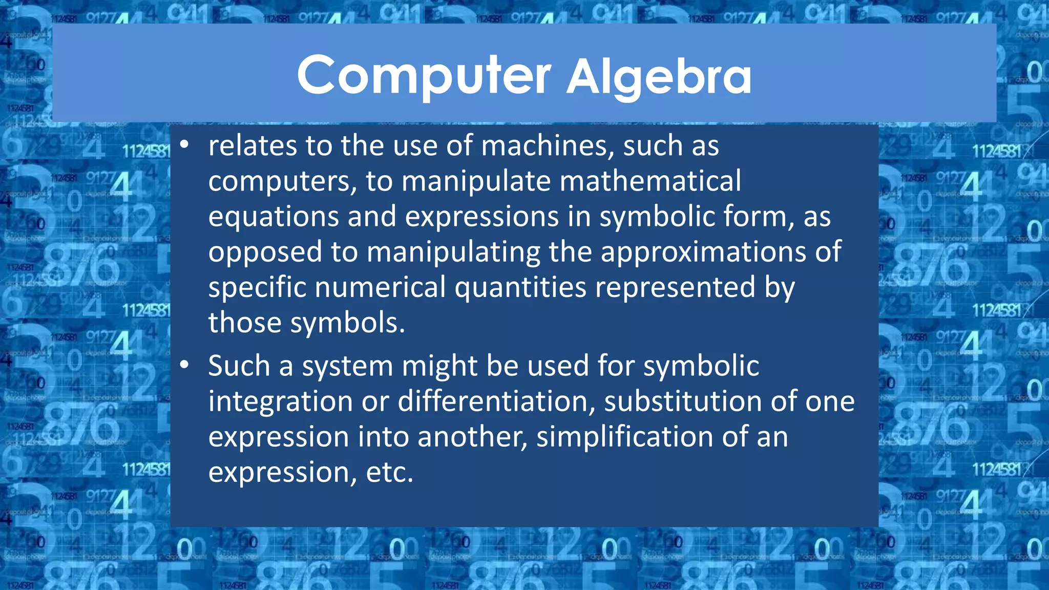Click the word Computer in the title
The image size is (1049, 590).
click(424, 76)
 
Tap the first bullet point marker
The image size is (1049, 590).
click(184, 145)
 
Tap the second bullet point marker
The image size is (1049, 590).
click(184, 365)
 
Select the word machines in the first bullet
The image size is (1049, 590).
click(548, 146)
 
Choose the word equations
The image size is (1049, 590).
click(274, 217)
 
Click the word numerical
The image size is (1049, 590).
click(380, 287)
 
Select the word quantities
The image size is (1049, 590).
click(520, 288)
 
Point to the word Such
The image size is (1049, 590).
click(239, 366)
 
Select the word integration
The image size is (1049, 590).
click(281, 402)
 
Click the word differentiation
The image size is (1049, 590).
click(496, 402)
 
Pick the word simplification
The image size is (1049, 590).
click(625, 437)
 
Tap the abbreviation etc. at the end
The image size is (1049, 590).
click(389, 472)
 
